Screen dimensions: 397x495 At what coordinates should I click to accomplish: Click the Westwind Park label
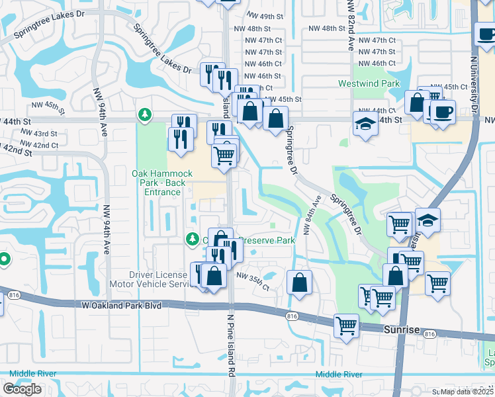369,84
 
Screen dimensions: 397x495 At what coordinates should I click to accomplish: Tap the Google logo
22,389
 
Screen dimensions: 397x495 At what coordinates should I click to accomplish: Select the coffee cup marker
443,112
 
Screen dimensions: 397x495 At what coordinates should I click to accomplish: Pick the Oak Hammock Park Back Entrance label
162,183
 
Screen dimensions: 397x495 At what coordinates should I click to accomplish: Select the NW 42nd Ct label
39,145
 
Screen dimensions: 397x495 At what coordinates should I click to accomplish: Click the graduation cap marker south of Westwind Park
365,124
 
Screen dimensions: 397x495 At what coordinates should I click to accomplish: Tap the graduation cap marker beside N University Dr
427,220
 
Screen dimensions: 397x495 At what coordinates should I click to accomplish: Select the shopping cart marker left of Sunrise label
346,325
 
